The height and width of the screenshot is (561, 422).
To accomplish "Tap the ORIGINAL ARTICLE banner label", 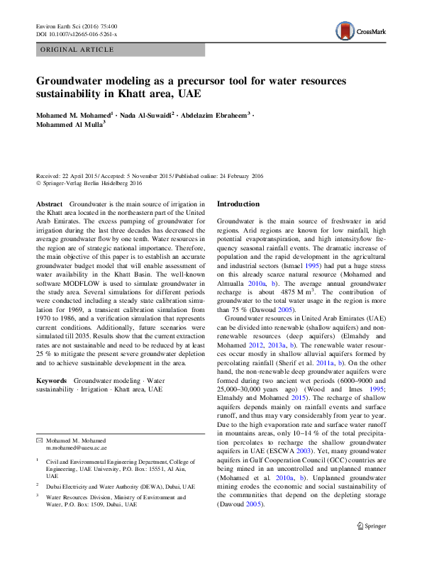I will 77,50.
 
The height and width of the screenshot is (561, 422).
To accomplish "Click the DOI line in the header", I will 77,33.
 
